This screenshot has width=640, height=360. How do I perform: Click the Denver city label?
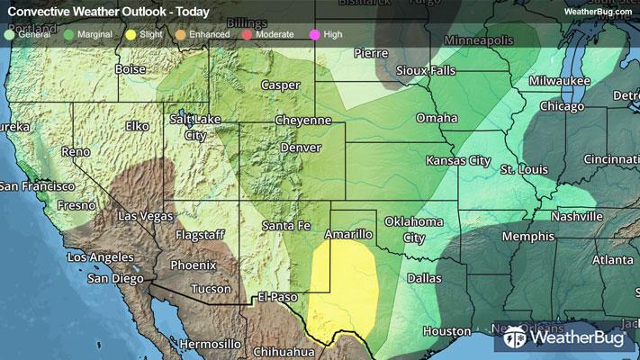[301, 147]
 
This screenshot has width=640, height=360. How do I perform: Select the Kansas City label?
[459, 160]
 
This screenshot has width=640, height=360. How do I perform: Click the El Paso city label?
[276, 296]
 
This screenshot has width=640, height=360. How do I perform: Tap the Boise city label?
[131, 68]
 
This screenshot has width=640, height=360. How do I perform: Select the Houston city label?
[447, 331]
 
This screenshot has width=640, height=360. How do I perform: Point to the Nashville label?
[577, 216]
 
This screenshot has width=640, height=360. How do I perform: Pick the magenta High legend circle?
[314, 34]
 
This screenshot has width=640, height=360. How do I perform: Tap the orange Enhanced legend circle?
[180, 34]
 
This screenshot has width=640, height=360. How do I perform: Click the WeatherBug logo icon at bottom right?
[517, 338]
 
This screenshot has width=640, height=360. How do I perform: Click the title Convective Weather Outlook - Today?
[108, 13]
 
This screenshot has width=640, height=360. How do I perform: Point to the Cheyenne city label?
[303, 120]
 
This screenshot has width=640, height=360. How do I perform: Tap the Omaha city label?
[437, 118]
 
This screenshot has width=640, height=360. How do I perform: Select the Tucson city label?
[211, 289]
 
